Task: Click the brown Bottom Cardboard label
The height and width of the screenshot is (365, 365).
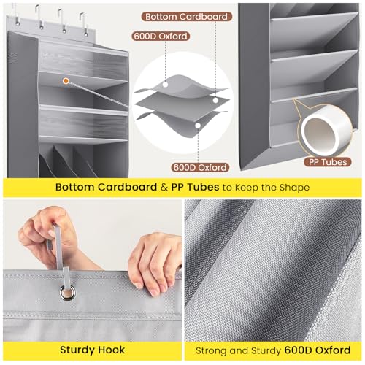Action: point(186,17)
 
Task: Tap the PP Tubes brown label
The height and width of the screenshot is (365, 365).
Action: point(328,162)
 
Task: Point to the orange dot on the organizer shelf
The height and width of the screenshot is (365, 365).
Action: point(66,81)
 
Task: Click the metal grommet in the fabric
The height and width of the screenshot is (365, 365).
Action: point(68,293)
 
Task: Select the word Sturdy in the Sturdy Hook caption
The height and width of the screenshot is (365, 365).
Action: point(74,350)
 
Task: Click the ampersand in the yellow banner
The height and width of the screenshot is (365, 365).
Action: point(164,187)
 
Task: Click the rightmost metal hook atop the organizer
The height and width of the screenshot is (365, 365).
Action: point(83,24)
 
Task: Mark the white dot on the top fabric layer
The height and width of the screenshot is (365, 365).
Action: point(166,85)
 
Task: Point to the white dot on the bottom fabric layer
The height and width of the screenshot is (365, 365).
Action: point(198,126)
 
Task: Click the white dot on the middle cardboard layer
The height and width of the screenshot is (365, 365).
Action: point(215,100)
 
